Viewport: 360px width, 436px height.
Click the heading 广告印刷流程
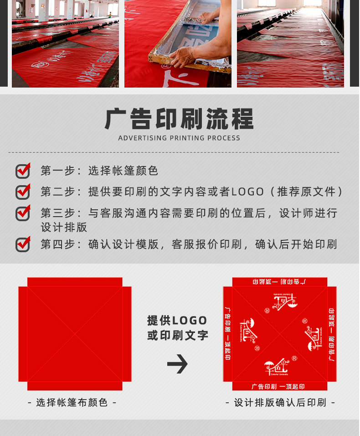179,119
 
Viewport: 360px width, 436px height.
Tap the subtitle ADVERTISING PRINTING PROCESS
179,138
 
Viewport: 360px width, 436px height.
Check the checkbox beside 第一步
23,171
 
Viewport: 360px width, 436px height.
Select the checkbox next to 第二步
23,192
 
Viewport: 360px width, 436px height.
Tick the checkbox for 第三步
23,213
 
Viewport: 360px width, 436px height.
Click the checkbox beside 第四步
23,244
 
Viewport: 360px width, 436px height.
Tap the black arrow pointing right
177,363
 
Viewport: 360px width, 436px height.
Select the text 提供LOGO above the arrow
177,321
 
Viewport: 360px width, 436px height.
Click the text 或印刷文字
177,336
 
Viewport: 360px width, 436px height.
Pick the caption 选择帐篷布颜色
72,402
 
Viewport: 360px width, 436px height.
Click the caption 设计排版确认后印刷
280,402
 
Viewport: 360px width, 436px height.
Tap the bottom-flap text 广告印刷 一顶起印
278,386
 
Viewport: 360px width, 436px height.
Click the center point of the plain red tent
75,334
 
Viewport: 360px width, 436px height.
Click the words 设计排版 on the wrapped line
64,227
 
